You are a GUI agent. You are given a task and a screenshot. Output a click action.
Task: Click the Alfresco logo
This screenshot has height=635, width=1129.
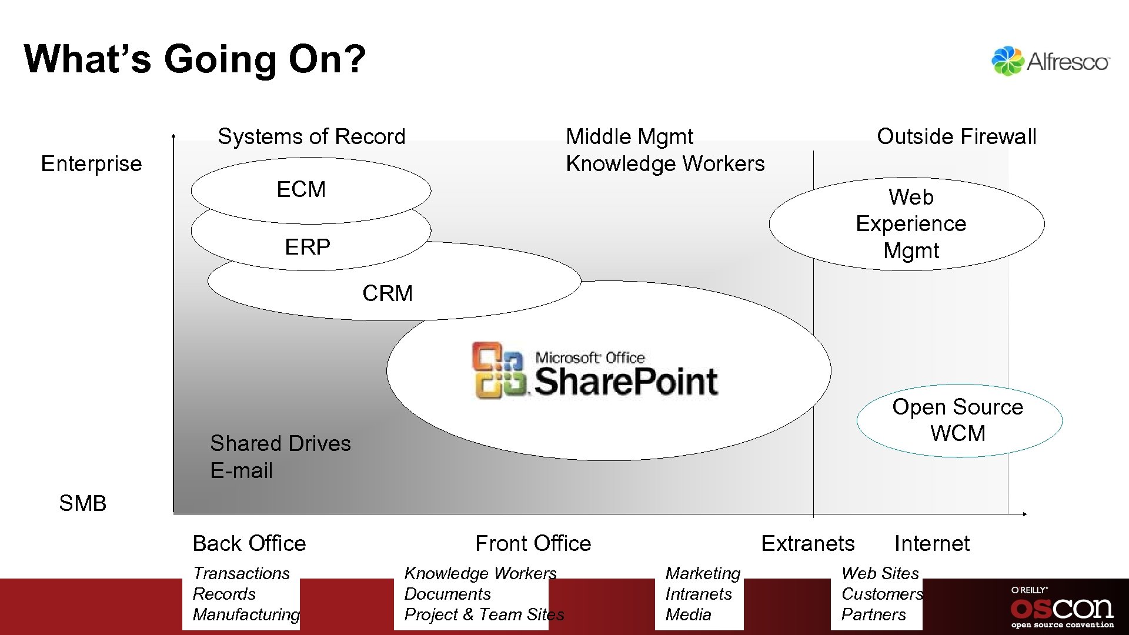tap(1050, 61)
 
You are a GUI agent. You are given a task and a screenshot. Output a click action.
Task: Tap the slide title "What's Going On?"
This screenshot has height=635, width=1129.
tap(195, 59)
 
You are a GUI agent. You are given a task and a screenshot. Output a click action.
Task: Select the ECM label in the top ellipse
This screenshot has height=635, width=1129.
tap(301, 190)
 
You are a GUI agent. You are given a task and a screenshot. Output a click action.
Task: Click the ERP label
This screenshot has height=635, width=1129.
tap(308, 247)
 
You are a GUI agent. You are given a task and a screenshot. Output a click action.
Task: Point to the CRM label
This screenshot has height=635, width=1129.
tap(388, 293)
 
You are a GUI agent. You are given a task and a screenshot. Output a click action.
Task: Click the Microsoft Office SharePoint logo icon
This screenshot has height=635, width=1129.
tap(498, 370)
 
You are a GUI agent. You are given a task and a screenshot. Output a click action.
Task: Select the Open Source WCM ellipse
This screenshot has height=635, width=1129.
tap(958, 420)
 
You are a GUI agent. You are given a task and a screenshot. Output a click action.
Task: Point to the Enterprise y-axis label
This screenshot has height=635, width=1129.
tap(91, 163)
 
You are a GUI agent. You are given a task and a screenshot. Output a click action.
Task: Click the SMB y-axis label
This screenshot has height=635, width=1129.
tap(82, 503)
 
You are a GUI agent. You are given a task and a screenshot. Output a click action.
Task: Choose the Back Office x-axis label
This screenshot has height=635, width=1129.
tap(249, 543)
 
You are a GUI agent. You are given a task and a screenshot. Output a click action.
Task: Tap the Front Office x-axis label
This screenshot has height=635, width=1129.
tap(533, 543)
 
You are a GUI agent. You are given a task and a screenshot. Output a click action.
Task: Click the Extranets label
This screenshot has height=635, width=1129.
tap(807, 543)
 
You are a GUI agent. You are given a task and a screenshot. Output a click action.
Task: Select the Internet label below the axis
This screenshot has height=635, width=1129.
tap(931, 543)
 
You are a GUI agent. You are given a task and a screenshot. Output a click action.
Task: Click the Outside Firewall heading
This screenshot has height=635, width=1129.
tap(956, 136)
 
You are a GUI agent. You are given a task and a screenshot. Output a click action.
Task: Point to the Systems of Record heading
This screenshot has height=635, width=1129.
tap(312, 136)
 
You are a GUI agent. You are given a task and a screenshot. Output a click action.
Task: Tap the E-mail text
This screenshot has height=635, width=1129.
tap(242, 470)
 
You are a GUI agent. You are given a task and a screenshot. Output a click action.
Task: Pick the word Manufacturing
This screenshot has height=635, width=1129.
tap(246, 614)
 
